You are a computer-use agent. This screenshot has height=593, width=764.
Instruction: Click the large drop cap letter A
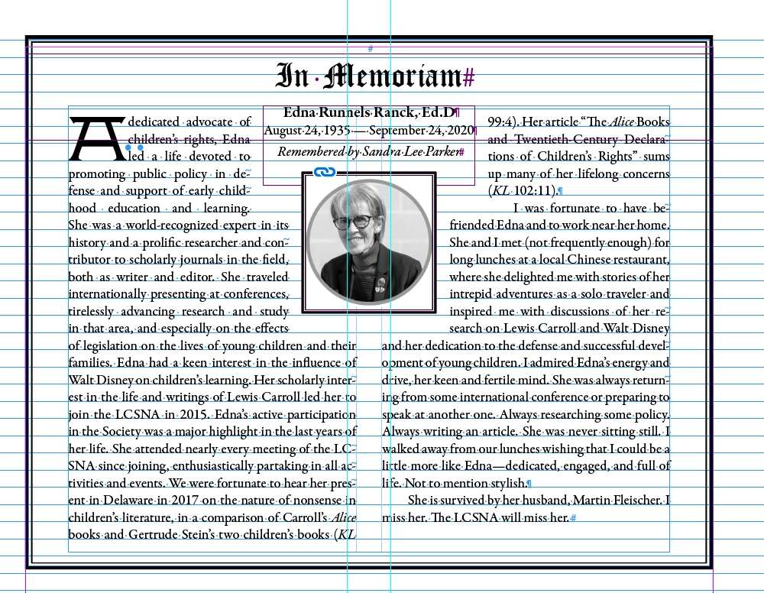tap(96, 139)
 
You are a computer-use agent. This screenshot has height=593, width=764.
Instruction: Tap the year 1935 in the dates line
tap(337, 131)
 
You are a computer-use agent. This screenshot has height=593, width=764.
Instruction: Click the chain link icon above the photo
tap(325, 173)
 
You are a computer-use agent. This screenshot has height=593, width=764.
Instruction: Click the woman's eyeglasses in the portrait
tap(352, 222)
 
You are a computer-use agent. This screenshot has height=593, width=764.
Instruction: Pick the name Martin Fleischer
tap(620, 501)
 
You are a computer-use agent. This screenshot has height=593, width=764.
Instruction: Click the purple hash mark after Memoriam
tap(469, 77)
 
